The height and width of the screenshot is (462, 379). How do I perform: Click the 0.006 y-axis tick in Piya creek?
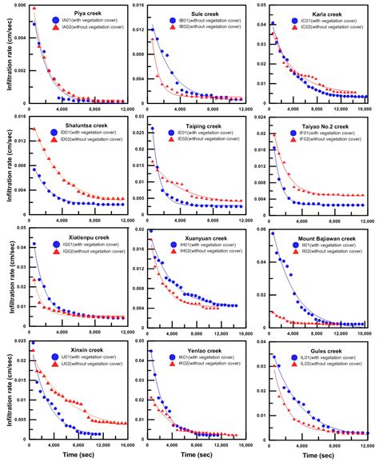[x=17, y=6]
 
